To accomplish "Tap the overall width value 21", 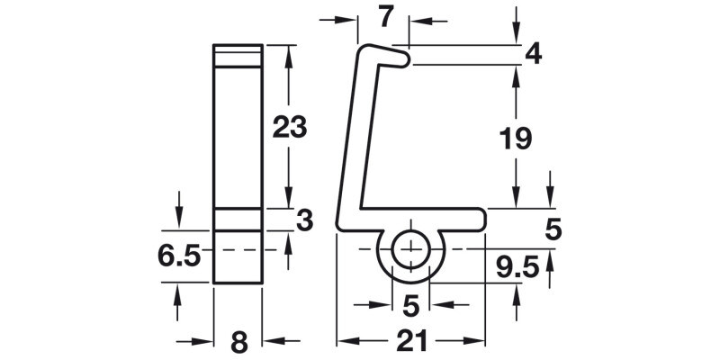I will pos(411,342).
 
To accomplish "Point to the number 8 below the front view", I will pos(238,342).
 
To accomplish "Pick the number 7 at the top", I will pos(385,16).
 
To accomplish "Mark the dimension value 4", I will pos(533,54).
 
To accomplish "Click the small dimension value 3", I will pos(304,220).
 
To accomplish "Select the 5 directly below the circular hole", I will pos(411,307).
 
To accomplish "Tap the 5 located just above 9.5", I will pos(553,230).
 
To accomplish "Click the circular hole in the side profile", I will pos(411,248).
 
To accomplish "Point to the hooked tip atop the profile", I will pos(405,58).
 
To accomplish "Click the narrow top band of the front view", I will pos(238,54).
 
